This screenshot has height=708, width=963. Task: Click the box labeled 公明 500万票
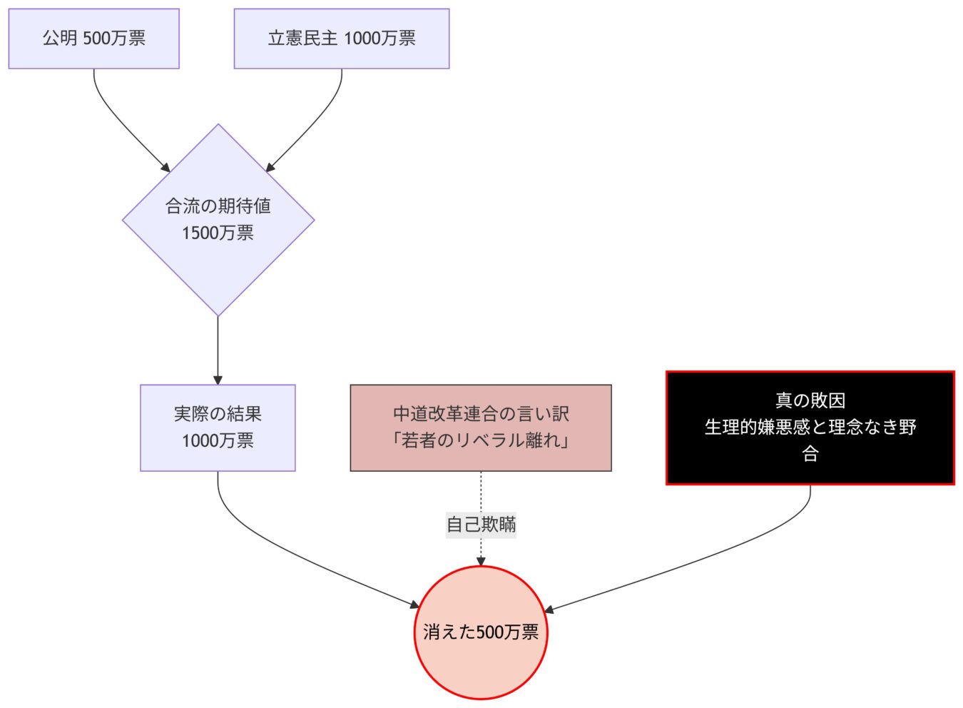[93, 39]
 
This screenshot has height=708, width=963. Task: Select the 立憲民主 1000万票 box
[341, 39]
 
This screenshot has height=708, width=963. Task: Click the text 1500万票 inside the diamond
[218, 233]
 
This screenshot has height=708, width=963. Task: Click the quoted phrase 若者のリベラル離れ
[480, 440]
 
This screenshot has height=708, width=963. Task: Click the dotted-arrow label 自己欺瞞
[480, 525]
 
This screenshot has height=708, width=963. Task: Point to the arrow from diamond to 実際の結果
[218, 350]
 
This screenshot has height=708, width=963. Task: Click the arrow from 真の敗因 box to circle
[713, 557]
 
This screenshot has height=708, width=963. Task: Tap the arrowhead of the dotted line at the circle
[480, 562]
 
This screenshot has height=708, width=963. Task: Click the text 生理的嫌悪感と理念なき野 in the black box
[810, 427]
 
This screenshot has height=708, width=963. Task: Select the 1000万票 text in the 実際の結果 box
[218, 441]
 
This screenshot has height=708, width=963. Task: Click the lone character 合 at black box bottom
[810, 454]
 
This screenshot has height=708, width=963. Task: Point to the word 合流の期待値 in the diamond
[218, 206]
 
